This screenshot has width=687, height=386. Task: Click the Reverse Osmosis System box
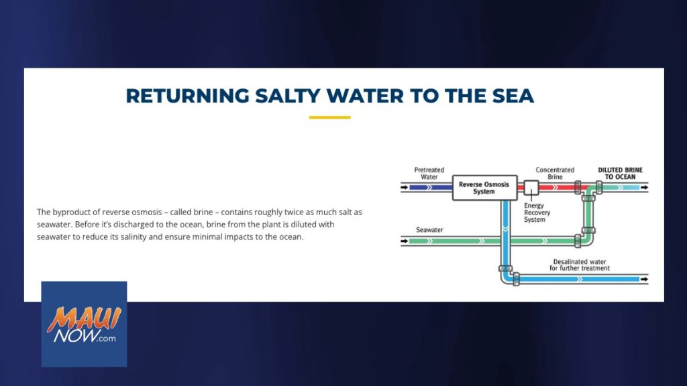tap(484, 188)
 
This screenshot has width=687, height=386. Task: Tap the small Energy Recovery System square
tap(531, 188)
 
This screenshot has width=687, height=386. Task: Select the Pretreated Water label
tap(429, 174)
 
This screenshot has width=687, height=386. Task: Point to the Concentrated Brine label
tap(555, 174)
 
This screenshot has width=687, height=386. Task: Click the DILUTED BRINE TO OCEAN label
tap(620, 174)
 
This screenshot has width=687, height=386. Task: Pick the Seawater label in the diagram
tap(429, 230)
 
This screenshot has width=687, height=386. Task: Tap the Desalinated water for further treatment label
tap(579, 265)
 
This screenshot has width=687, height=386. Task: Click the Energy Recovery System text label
tap(537, 212)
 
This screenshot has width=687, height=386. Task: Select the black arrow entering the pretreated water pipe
tap(405, 188)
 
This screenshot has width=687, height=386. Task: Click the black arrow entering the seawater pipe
tap(405, 241)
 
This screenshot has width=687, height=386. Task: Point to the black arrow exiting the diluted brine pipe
tap(645, 188)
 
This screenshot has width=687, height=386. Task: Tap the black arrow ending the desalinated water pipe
tap(645, 279)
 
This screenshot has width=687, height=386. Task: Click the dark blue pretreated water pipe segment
tap(431, 188)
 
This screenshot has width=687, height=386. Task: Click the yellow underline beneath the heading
tap(329, 117)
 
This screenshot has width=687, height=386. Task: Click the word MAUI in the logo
tap(84, 318)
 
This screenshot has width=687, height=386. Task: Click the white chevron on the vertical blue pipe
tap(506, 229)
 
